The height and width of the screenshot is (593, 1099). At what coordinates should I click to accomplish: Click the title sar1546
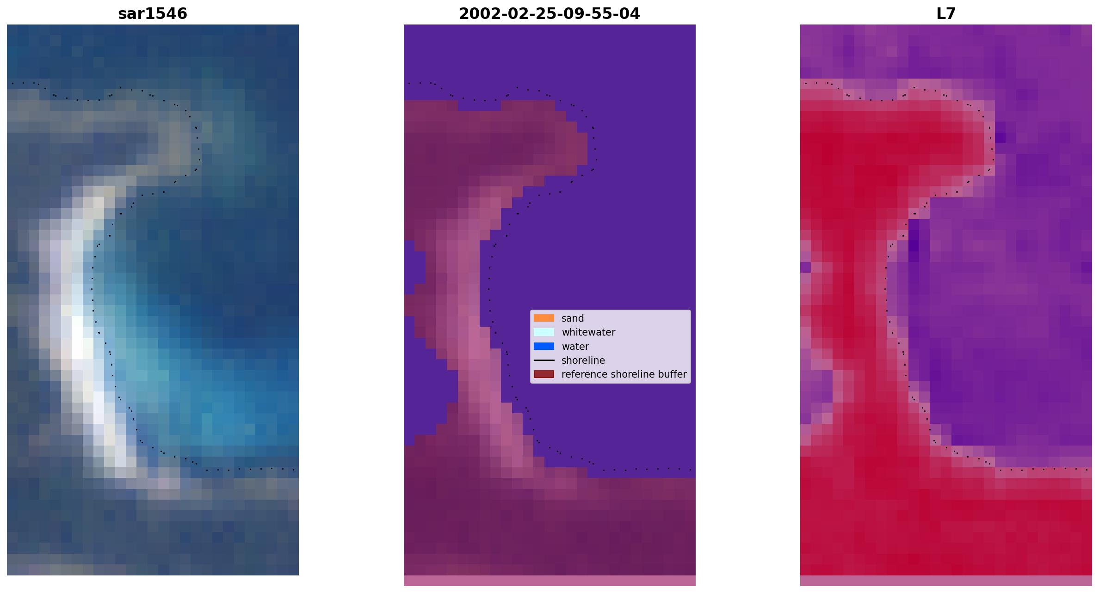tap(153, 14)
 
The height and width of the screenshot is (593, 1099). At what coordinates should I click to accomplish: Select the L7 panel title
tap(946, 14)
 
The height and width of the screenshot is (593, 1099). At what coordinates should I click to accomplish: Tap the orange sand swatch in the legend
tap(544, 318)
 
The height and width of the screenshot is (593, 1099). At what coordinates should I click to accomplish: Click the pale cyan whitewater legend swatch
tap(544, 332)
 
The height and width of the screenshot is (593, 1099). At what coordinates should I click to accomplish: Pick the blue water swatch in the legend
tap(544, 346)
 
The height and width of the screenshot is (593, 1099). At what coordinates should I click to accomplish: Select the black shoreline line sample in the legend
tap(544, 360)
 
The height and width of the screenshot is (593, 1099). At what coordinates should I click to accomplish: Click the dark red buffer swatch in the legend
tap(544, 374)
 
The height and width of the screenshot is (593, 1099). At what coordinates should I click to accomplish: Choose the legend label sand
tap(573, 318)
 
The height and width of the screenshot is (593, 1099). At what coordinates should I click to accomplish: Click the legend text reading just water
tap(575, 346)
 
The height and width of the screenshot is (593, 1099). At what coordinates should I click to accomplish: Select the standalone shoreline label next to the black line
tap(583, 360)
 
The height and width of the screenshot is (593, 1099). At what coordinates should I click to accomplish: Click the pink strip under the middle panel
tap(549, 581)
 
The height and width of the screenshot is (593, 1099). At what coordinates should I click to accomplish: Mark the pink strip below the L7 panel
tap(946, 581)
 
